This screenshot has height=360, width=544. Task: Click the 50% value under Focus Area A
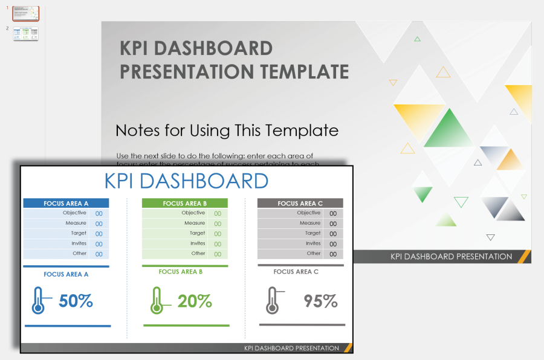[76, 301]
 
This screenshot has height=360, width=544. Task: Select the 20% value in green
[195, 301]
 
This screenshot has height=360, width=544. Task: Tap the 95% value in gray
[320, 301]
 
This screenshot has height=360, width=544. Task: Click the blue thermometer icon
[38, 300]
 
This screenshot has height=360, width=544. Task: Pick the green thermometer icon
[157, 300]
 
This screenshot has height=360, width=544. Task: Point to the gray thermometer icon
[272, 300]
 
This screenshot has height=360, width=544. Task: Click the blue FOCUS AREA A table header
[66, 204]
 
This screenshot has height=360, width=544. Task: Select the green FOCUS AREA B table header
[184, 204]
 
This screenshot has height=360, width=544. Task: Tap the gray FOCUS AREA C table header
[300, 204]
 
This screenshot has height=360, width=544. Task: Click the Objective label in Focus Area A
[74, 213]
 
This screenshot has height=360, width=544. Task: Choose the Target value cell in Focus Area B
[217, 234]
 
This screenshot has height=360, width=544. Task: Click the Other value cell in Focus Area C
[333, 254]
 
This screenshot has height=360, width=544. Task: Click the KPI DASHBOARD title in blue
[186, 181]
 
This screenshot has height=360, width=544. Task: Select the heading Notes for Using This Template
[227, 130]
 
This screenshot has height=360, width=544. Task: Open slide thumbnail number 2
[26, 33]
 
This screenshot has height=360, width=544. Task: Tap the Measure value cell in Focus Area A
[99, 223]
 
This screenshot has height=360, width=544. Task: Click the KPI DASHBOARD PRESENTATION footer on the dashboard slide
[291, 348]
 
